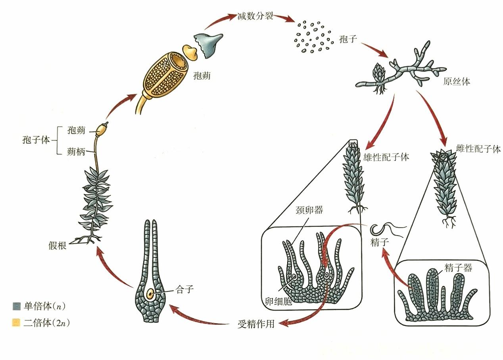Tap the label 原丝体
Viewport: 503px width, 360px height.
[x=456, y=81]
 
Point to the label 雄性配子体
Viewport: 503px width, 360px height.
[x=386, y=157]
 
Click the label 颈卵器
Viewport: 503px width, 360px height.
[x=309, y=209]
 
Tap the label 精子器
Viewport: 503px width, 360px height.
[x=458, y=268]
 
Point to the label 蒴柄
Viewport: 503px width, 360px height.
[x=77, y=151]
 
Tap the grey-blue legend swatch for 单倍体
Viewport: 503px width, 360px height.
[x=16, y=306]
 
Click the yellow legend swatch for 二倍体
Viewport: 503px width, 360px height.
[x=16, y=323]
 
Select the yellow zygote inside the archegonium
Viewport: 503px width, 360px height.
[x=151, y=294]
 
